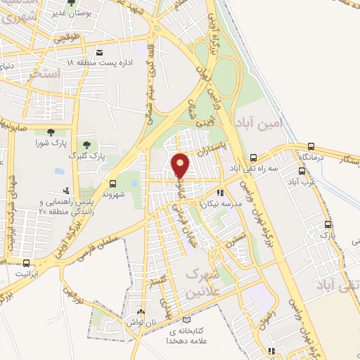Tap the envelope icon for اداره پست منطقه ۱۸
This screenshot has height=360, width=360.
(x=99, y=53)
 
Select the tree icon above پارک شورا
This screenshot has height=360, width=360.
(x=50, y=131)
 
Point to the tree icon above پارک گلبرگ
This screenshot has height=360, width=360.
(x=87, y=145)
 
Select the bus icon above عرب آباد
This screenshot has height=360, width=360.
(x=302, y=171)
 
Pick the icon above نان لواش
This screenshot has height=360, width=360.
(x=141, y=312)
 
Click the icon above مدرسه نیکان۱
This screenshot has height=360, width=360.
(x=220, y=192)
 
